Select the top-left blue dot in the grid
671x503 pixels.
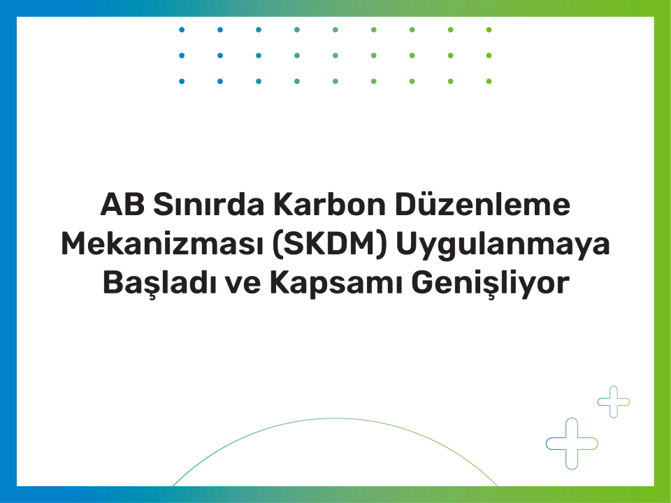182,30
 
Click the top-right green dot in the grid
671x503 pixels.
489,30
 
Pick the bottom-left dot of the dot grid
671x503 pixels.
182,81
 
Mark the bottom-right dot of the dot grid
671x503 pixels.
489,81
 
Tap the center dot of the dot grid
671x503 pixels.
335,56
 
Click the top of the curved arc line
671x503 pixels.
335,418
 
